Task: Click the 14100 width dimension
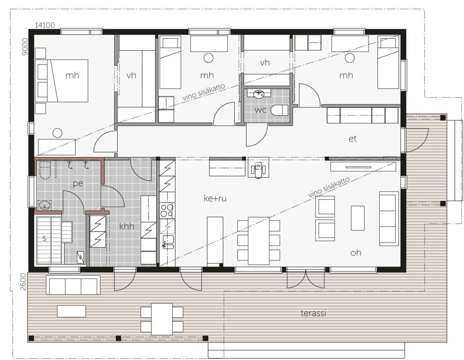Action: (x=45, y=25)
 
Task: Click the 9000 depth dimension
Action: (x=25, y=46)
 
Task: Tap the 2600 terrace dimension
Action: (x=23, y=282)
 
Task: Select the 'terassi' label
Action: (x=313, y=313)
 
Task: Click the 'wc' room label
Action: (x=261, y=110)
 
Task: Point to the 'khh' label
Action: (x=127, y=226)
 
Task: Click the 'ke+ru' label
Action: (x=215, y=198)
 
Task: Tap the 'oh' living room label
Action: (x=356, y=252)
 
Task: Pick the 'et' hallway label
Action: (x=352, y=138)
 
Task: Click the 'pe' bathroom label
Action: (x=78, y=184)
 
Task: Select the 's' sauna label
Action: (x=44, y=238)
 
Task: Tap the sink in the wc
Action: (x=259, y=94)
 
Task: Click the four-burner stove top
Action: (x=167, y=210)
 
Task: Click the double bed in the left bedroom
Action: (x=62, y=81)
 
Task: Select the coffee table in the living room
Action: (x=357, y=218)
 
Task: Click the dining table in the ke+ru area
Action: (x=259, y=241)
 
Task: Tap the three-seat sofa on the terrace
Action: (x=73, y=285)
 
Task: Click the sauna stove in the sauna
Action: (x=80, y=257)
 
